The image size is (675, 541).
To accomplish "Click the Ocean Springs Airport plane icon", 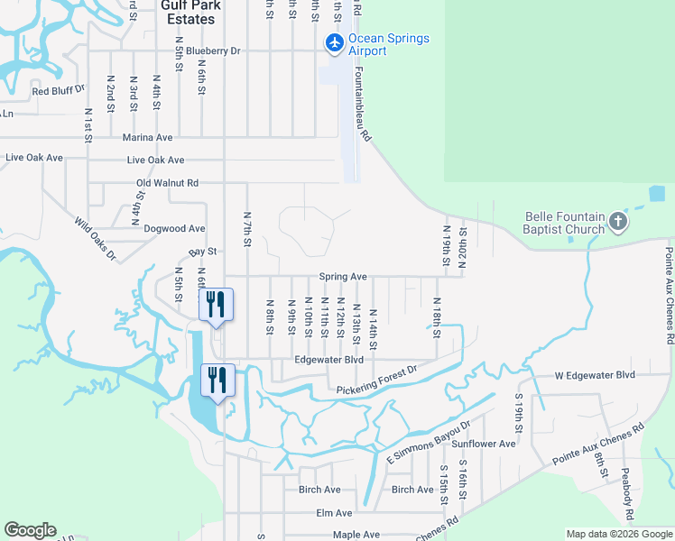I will coord(334,42).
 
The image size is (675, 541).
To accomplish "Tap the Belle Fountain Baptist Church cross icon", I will coord(617,222).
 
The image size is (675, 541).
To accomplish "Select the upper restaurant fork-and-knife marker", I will coord(216,304).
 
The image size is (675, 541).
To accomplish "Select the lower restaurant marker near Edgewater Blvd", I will coord(217,379).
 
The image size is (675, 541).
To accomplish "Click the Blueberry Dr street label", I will coord(210,51).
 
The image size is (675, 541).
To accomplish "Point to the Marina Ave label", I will coord(147,137).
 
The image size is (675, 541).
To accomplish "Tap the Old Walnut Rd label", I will coord(167,183).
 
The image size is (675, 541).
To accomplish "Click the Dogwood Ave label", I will coord(175,229).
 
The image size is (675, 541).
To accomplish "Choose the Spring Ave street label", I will coord(343,277).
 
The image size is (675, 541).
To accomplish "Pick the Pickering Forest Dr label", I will coord(377,381).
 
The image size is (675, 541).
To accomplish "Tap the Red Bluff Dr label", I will coord(59,90).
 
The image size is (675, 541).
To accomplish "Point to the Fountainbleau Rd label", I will coord(363,105).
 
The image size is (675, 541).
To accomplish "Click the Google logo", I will coord(31,530).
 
